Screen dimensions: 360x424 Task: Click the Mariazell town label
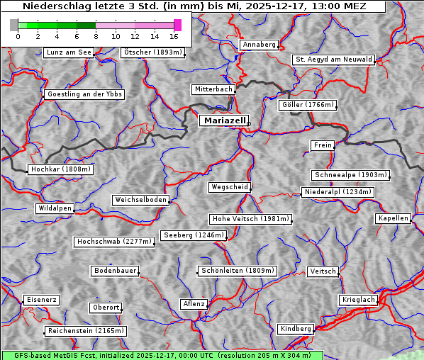pos(224,120)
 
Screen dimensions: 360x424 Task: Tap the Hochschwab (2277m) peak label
pos(114,242)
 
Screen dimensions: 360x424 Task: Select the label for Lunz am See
pos(68,52)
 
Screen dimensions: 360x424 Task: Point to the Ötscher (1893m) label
pos(152,52)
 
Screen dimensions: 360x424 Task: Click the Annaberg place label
pos(259,45)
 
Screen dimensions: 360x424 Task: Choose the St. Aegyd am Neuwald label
pos(333,60)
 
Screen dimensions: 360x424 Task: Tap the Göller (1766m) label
pos(307,105)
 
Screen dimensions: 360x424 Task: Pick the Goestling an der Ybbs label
pos(84,94)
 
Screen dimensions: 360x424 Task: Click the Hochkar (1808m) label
pos(61,169)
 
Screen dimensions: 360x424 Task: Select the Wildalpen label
pos(55,208)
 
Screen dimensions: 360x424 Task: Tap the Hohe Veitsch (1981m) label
pos(250,219)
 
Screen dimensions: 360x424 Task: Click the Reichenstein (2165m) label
pos(86,331)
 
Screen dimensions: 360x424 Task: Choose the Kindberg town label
pos(296,329)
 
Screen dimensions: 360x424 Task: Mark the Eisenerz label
pos(41,300)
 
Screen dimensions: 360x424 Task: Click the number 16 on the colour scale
pos(174,36)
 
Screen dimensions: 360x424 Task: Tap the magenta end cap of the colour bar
pos(177,25)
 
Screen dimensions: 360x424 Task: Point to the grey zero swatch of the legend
pos(14,25)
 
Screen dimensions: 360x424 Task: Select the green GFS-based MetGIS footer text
pos(162,355)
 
